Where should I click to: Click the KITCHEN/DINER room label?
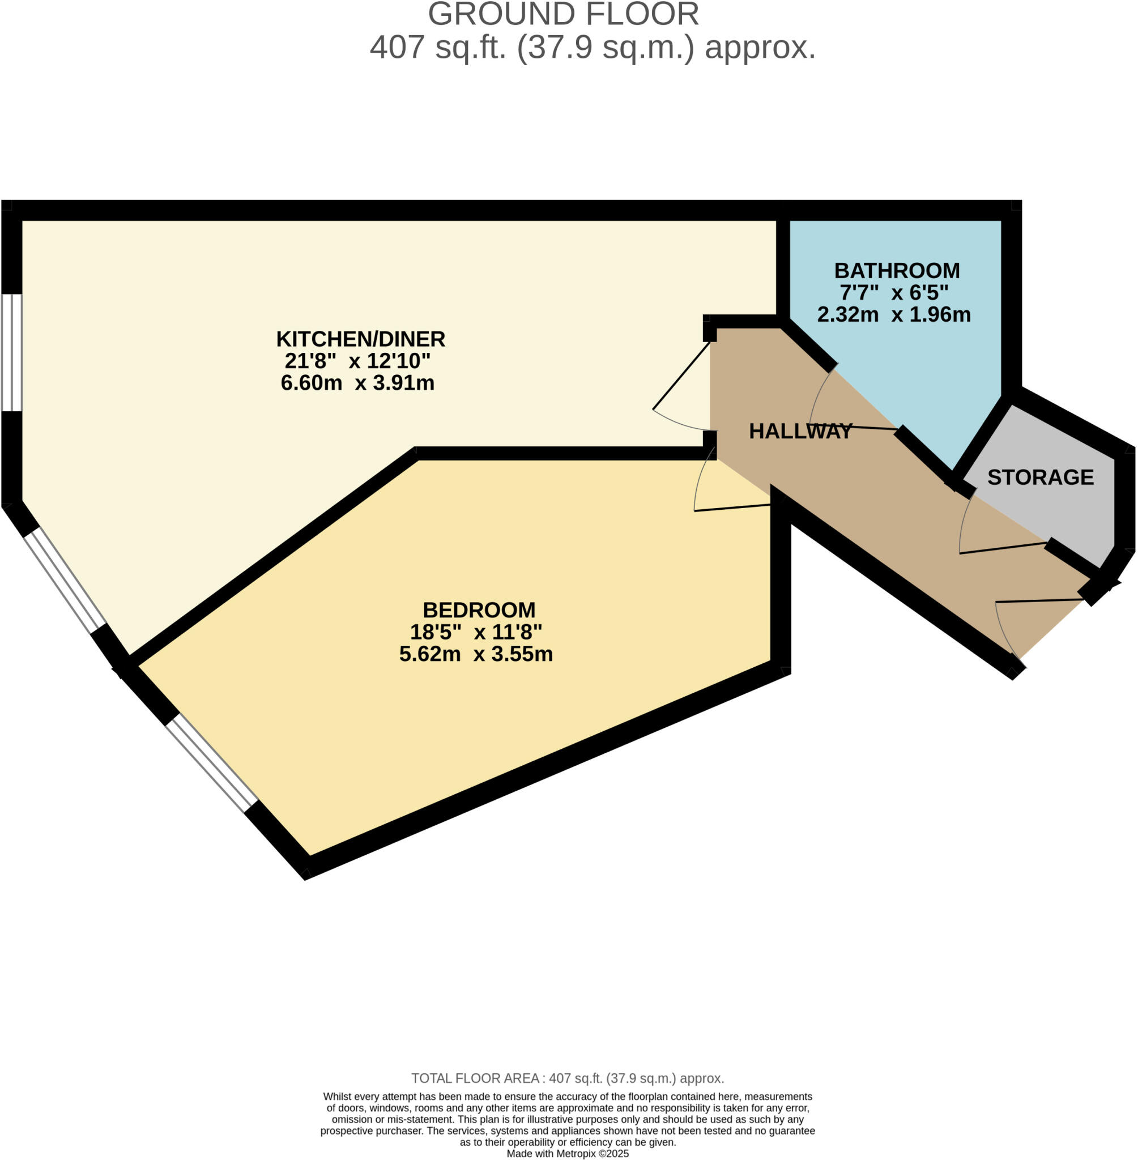tap(360, 339)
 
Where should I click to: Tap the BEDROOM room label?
tap(479, 610)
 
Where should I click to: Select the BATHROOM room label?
tap(897, 271)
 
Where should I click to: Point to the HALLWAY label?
tap(800, 431)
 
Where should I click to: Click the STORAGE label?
tap(1040, 477)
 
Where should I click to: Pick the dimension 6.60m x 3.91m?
tap(357, 383)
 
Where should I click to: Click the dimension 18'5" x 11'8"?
tap(476, 632)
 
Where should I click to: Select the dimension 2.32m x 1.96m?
tap(893, 314)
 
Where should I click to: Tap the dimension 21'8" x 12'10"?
tap(357, 361)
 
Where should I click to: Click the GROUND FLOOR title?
tap(563, 14)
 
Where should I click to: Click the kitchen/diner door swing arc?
tap(675, 423)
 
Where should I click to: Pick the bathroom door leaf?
tap(854, 427)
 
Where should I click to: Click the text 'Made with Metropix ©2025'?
tap(567, 1153)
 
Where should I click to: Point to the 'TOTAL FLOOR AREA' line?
tap(567, 1078)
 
